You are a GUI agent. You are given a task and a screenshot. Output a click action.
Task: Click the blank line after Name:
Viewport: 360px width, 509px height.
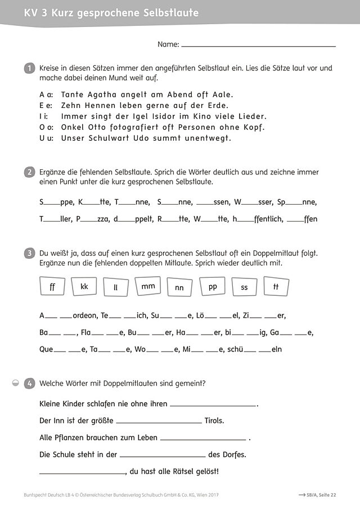pyautogui.click(x=259, y=45)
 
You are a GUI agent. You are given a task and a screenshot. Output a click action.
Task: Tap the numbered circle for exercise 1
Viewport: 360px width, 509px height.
pyautogui.click(x=29, y=68)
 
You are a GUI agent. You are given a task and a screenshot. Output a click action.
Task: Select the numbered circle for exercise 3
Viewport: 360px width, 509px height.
pyautogui.click(x=29, y=254)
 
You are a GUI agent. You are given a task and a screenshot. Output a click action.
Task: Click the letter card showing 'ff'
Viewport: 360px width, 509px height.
pyautogui.click(x=53, y=287)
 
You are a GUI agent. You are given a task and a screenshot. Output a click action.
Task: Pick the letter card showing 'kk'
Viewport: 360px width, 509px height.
pyautogui.click(x=84, y=287)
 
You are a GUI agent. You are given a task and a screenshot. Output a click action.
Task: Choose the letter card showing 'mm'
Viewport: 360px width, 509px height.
pyautogui.click(x=148, y=286)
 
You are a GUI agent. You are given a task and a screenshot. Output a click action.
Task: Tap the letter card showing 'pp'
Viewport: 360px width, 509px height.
pyautogui.click(x=213, y=286)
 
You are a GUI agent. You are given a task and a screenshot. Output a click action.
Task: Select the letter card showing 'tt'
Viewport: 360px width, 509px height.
pyautogui.click(x=276, y=286)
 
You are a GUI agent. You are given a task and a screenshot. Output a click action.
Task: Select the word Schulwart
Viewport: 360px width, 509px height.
pyautogui.click(x=115, y=138)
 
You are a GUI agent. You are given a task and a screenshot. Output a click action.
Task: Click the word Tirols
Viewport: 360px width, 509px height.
pyautogui.click(x=214, y=420)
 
